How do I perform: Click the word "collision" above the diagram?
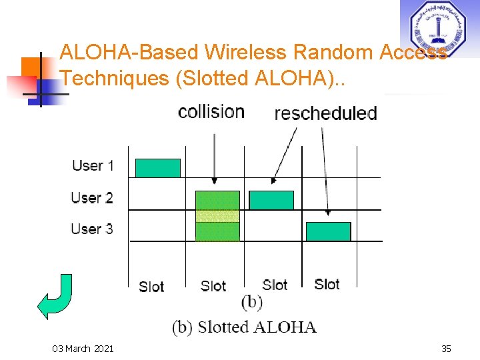(x=211, y=111)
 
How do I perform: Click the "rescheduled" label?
(x=325, y=113)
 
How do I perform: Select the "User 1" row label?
(x=93, y=165)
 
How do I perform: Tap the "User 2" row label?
(x=92, y=197)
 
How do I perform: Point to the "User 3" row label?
(x=92, y=229)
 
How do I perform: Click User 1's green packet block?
(x=158, y=168)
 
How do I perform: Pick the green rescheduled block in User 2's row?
(x=271, y=200)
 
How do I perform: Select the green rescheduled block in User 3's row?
(x=328, y=231)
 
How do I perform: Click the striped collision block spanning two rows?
(x=217, y=216)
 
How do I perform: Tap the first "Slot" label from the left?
(x=151, y=287)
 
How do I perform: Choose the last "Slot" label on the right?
(x=327, y=284)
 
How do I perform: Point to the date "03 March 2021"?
(x=83, y=349)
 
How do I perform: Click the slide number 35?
(x=446, y=349)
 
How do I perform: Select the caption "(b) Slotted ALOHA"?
(x=244, y=327)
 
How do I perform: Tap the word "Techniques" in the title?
(x=114, y=78)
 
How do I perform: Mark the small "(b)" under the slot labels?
(x=251, y=302)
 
